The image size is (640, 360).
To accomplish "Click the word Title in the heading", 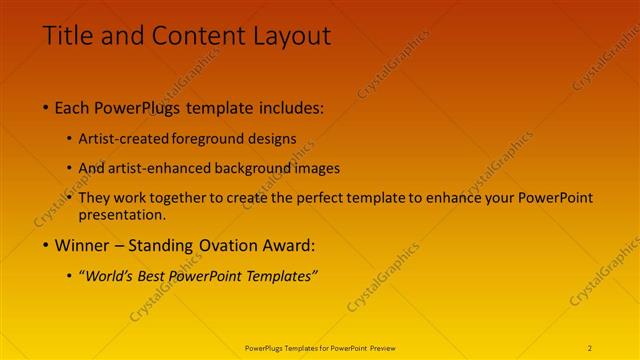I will pos(69,37).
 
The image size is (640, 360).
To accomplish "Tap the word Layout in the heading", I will pos(289,37).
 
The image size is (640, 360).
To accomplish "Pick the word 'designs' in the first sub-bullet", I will pos(276,138).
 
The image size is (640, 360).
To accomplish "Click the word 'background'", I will pos(264,168).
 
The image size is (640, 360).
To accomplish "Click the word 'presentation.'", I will pos(128,214).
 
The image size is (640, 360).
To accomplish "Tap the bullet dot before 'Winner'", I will pos(46,244).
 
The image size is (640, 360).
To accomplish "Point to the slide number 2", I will pos(590,348).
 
